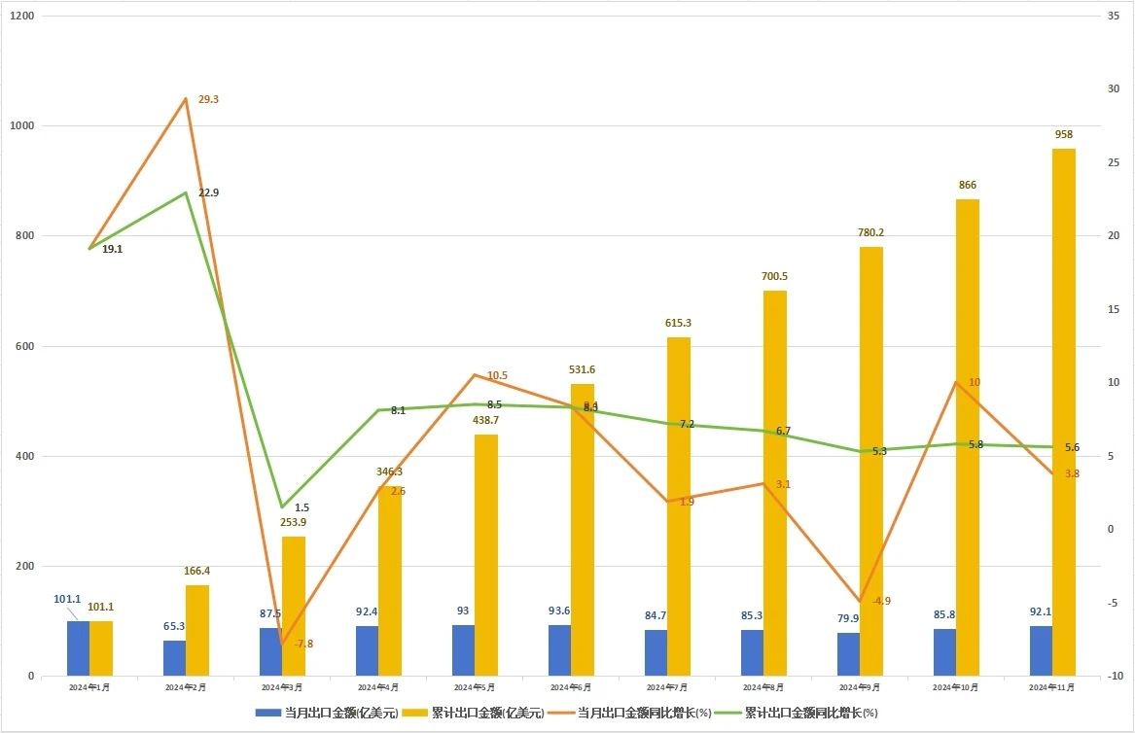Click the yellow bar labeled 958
pos(1063,412)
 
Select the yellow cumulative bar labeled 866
pos(967,437)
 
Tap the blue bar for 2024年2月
pos(174,658)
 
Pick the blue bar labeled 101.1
pos(78,648)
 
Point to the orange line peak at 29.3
pos(186,98)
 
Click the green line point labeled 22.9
pos(186,192)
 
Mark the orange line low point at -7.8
pos(282,644)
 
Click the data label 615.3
pos(678,323)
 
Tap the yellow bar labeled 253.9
pos(294,607)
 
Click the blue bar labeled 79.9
pos(848,654)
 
